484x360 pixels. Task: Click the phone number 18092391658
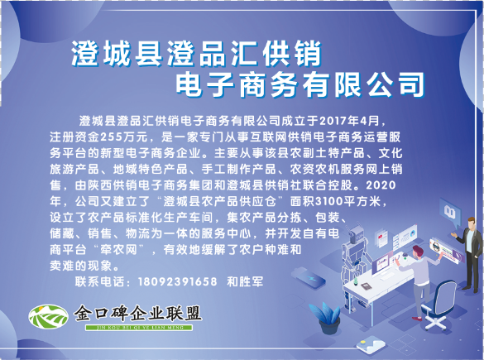pos(178,282)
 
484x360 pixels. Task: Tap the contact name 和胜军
pos(245,282)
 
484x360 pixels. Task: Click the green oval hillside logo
pos(48,316)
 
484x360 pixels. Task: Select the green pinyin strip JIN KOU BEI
pos(139,327)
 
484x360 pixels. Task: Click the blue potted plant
pos(327,318)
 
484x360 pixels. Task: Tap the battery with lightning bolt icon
pos(309,276)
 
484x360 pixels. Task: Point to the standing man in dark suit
pos(469,254)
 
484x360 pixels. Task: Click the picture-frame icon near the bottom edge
pos(371,345)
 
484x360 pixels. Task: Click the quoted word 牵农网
pos(118,250)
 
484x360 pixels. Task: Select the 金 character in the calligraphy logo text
pos(84,314)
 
